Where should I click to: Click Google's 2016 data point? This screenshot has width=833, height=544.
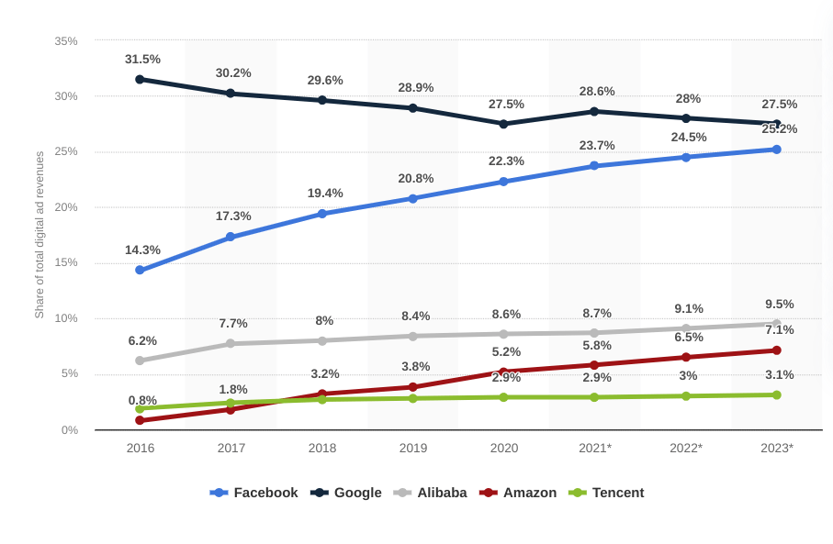click(140, 80)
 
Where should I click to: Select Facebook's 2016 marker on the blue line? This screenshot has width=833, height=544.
click(140, 270)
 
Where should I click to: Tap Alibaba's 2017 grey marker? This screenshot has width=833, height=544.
click(231, 343)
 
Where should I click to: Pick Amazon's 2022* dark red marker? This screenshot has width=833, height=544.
click(686, 357)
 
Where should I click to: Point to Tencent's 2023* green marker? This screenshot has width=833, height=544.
click(776, 395)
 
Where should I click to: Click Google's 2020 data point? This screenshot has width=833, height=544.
click(503, 124)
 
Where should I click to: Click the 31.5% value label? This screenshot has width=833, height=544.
click(142, 60)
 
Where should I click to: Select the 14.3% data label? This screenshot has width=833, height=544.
click(142, 250)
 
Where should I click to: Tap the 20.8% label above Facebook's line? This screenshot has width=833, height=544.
click(415, 178)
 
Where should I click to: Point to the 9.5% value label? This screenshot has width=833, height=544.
click(779, 304)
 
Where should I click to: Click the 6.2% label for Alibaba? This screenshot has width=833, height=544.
click(142, 340)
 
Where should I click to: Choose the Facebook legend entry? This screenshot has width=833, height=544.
click(254, 493)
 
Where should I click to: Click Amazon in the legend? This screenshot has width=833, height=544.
click(518, 493)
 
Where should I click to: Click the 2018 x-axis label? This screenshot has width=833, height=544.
click(321, 448)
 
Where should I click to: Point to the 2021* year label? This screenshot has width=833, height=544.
click(595, 448)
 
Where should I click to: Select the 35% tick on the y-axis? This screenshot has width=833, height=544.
click(66, 41)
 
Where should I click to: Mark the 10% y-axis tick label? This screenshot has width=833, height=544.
click(66, 318)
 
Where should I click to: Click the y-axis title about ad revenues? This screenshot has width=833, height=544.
click(39, 235)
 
